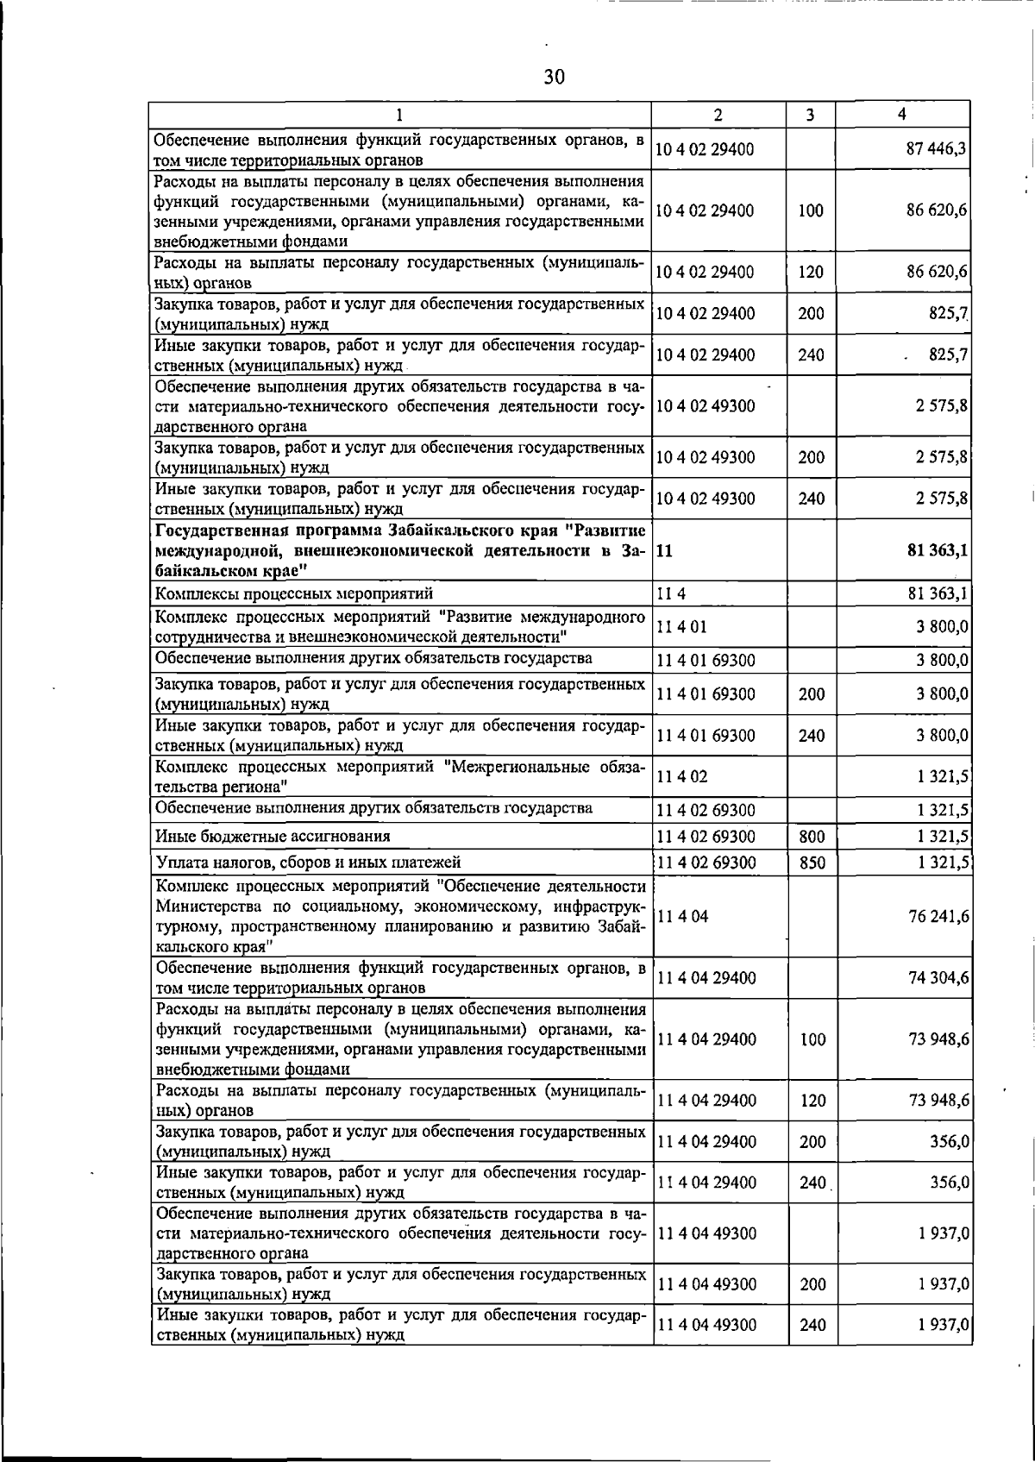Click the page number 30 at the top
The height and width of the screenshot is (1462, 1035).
tap(554, 78)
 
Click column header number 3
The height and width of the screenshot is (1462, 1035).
tap(810, 115)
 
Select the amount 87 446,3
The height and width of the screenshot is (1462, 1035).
tap(935, 149)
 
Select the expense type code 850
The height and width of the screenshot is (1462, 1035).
tap(812, 862)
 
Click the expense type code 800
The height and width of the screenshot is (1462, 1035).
tap(812, 836)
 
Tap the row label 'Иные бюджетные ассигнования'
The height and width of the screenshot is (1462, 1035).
tap(273, 836)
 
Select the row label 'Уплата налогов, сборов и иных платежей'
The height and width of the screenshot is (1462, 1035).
tap(308, 862)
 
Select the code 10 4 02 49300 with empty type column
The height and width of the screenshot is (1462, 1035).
tap(705, 405)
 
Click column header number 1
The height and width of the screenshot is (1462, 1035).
tap(399, 115)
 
